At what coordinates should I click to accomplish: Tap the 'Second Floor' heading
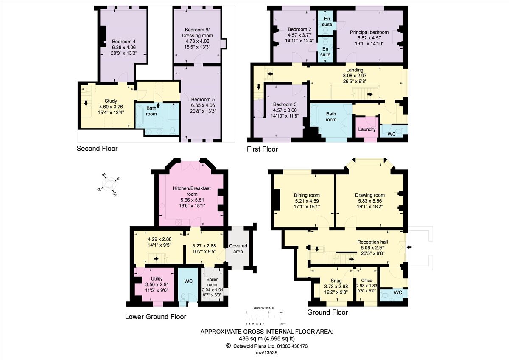click(x=97, y=149)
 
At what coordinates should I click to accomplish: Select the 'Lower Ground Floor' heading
click(x=155, y=317)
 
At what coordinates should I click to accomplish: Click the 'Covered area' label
click(x=238, y=249)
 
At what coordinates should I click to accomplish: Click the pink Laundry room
click(x=367, y=129)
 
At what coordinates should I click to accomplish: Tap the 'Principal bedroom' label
click(x=369, y=32)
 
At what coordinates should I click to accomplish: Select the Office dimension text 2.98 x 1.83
click(x=366, y=286)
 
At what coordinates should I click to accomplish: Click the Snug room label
click(x=336, y=281)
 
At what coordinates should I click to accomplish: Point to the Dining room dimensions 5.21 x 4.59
click(x=307, y=201)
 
